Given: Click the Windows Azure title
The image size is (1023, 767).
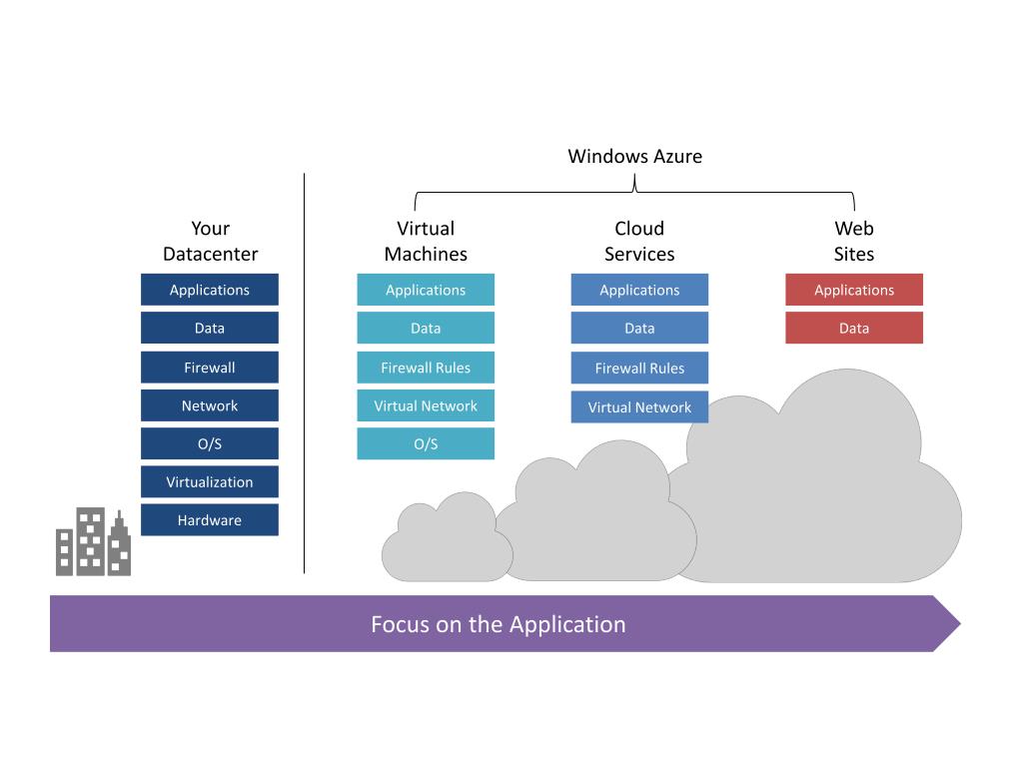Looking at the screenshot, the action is coord(634,157).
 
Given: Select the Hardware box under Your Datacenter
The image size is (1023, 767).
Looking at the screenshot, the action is coord(210,519).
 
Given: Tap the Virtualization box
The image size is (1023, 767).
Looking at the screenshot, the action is coord(210,482).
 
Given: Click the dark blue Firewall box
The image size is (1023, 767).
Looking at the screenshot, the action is coord(210,368).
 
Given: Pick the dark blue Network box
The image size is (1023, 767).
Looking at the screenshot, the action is coord(210,405).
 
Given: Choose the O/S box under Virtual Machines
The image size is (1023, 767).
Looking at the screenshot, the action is coord(426,444).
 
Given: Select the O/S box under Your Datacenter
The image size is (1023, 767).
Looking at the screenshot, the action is coord(210,444).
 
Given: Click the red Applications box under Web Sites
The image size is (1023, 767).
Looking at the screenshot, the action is coord(854,290).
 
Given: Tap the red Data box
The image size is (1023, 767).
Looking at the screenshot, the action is coord(854,328).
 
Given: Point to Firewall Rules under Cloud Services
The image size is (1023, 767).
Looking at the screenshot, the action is coord(639,368).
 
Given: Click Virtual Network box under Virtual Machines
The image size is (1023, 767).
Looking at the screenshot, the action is coord(426,405).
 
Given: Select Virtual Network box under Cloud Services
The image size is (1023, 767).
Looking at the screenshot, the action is coord(639,407).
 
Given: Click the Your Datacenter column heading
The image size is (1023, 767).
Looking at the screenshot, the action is coord(210,241).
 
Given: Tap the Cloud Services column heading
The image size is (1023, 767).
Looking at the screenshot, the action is coord(639,241).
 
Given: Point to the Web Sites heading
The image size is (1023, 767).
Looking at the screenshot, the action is coord(854,241).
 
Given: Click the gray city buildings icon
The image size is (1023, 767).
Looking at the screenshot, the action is coord(93,542).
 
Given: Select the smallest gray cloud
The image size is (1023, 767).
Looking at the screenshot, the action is coord(447,538).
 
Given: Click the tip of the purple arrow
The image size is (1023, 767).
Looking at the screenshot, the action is coord(960,623).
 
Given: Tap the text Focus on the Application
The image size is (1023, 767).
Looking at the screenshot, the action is coord(499,624).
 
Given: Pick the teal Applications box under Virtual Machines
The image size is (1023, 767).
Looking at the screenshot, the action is coord(426,290).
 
